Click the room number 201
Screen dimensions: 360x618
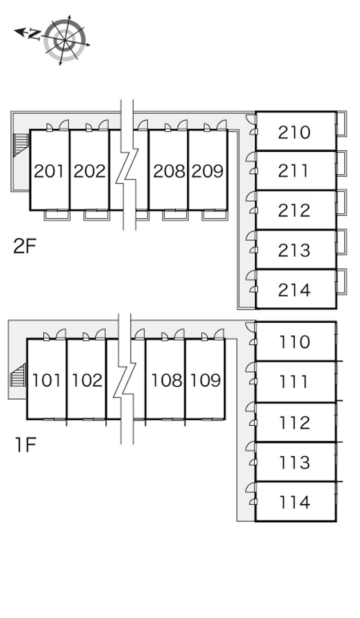pos(49,171)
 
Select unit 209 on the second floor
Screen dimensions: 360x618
pos(207,171)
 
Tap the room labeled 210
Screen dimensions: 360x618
pos(294,132)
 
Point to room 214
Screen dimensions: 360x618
pos(294,290)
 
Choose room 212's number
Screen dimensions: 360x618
pos(294,211)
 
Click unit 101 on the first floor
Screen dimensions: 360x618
pos(46,380)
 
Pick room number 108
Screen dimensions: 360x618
pos(166,380)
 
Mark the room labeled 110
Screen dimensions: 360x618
pos(295,342)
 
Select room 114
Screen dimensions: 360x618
pos(295,502)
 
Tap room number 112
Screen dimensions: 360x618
pos(295,423)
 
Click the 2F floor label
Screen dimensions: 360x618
pos(25,246)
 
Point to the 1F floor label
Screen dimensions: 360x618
pos(25,444)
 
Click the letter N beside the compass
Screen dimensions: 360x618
pos(35,34)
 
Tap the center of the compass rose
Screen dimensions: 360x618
pos(64,40)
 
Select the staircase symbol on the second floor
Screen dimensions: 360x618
pos(21,145)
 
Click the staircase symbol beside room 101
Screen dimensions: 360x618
pos(18,375)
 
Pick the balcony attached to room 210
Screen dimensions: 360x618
pos(342,124)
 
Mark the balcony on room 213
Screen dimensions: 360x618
pos(342,242)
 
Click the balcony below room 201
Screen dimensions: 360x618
pos(57,215)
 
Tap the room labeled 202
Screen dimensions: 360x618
pos(90,171)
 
